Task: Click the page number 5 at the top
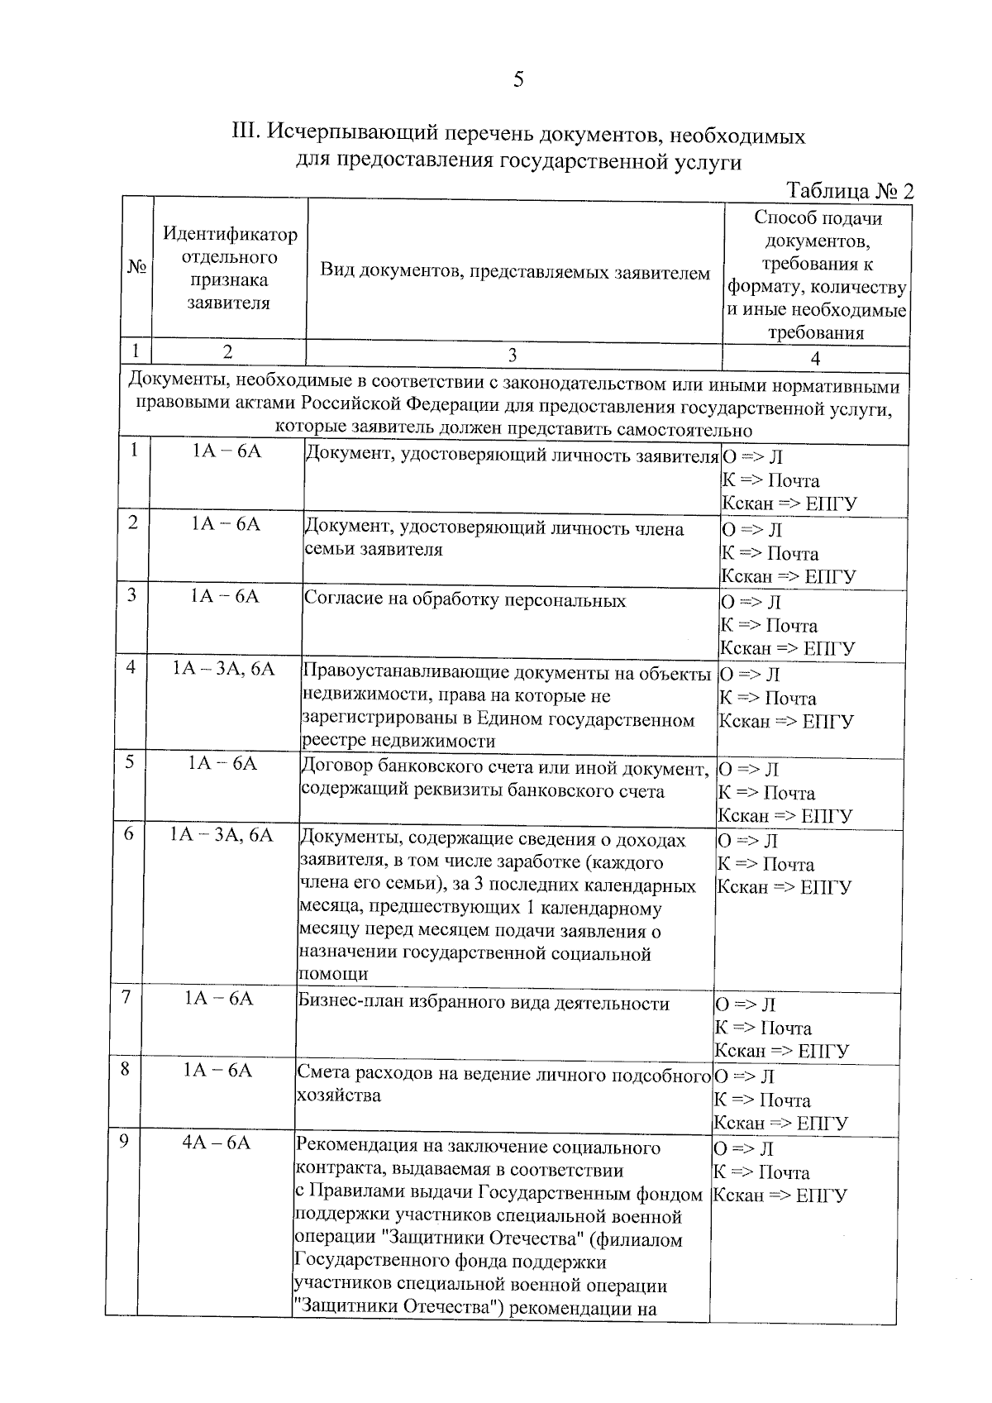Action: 518,80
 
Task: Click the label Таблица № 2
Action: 851,191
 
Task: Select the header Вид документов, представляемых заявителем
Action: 514,273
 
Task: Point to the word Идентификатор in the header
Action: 230,234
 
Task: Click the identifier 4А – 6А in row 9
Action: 216,1143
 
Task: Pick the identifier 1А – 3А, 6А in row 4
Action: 223,668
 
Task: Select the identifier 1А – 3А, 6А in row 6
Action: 221,834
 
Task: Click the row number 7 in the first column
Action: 126,997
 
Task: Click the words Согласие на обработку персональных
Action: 465,600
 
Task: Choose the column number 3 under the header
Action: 512,356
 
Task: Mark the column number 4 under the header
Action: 815,358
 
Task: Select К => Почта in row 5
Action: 766,793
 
